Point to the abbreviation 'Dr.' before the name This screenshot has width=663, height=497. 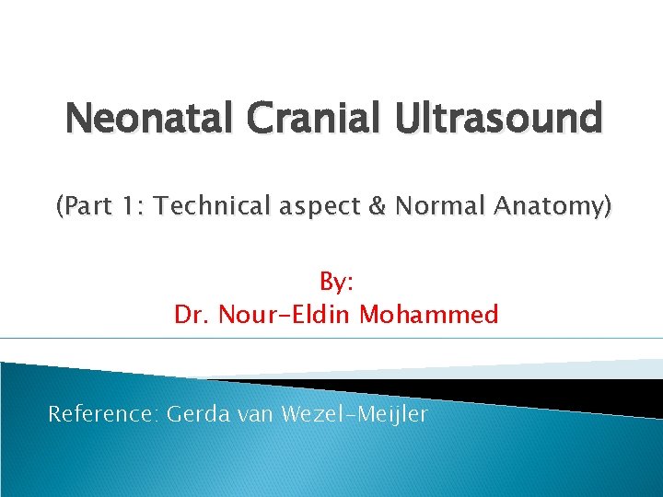(x=191, y=315)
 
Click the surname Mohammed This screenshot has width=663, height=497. (x=429, y=315)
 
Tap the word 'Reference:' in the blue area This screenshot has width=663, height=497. (x=103, y=414)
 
